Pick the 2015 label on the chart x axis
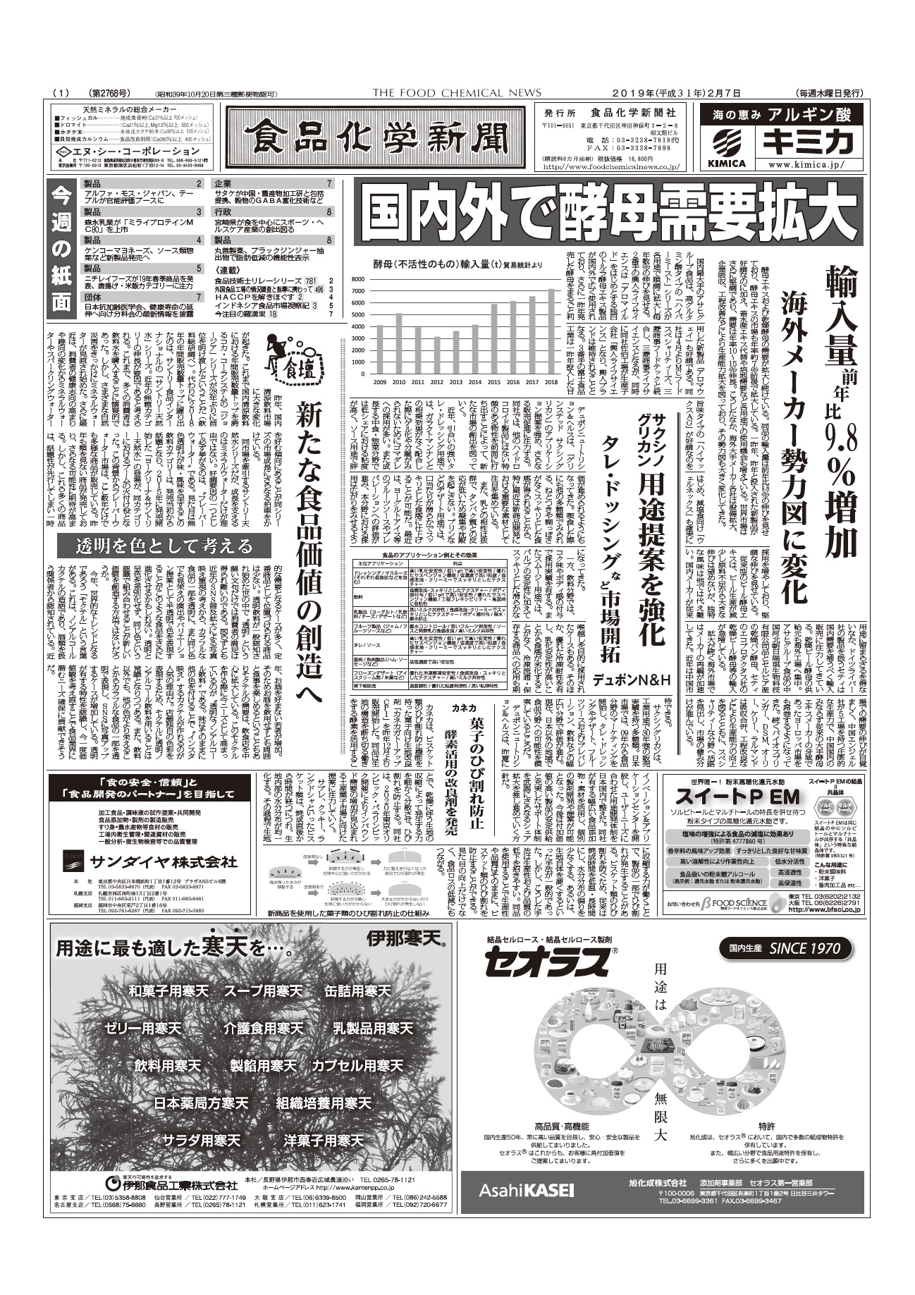point(494,381)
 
